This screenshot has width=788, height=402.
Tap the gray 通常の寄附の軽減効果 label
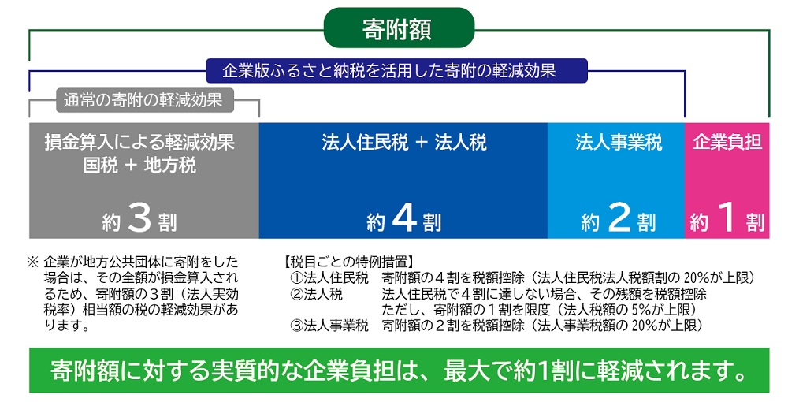point(143,101)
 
